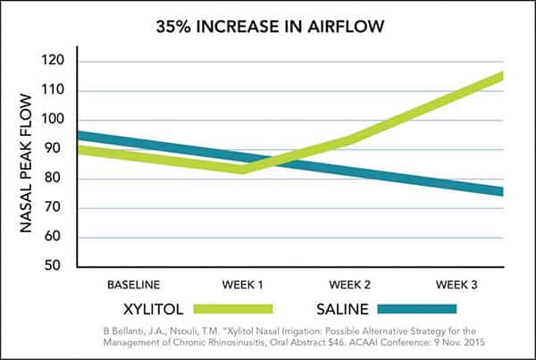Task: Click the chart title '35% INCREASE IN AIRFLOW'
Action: [x=268, y=28]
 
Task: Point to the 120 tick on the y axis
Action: [x=56, y=62]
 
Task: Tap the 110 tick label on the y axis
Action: [x=56, y=91]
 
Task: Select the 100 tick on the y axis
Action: [x=56, y=121]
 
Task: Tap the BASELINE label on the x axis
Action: [x=134, y=285]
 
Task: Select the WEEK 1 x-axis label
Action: [x=243, y=285]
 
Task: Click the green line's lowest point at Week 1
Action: [x=243, y=169]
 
